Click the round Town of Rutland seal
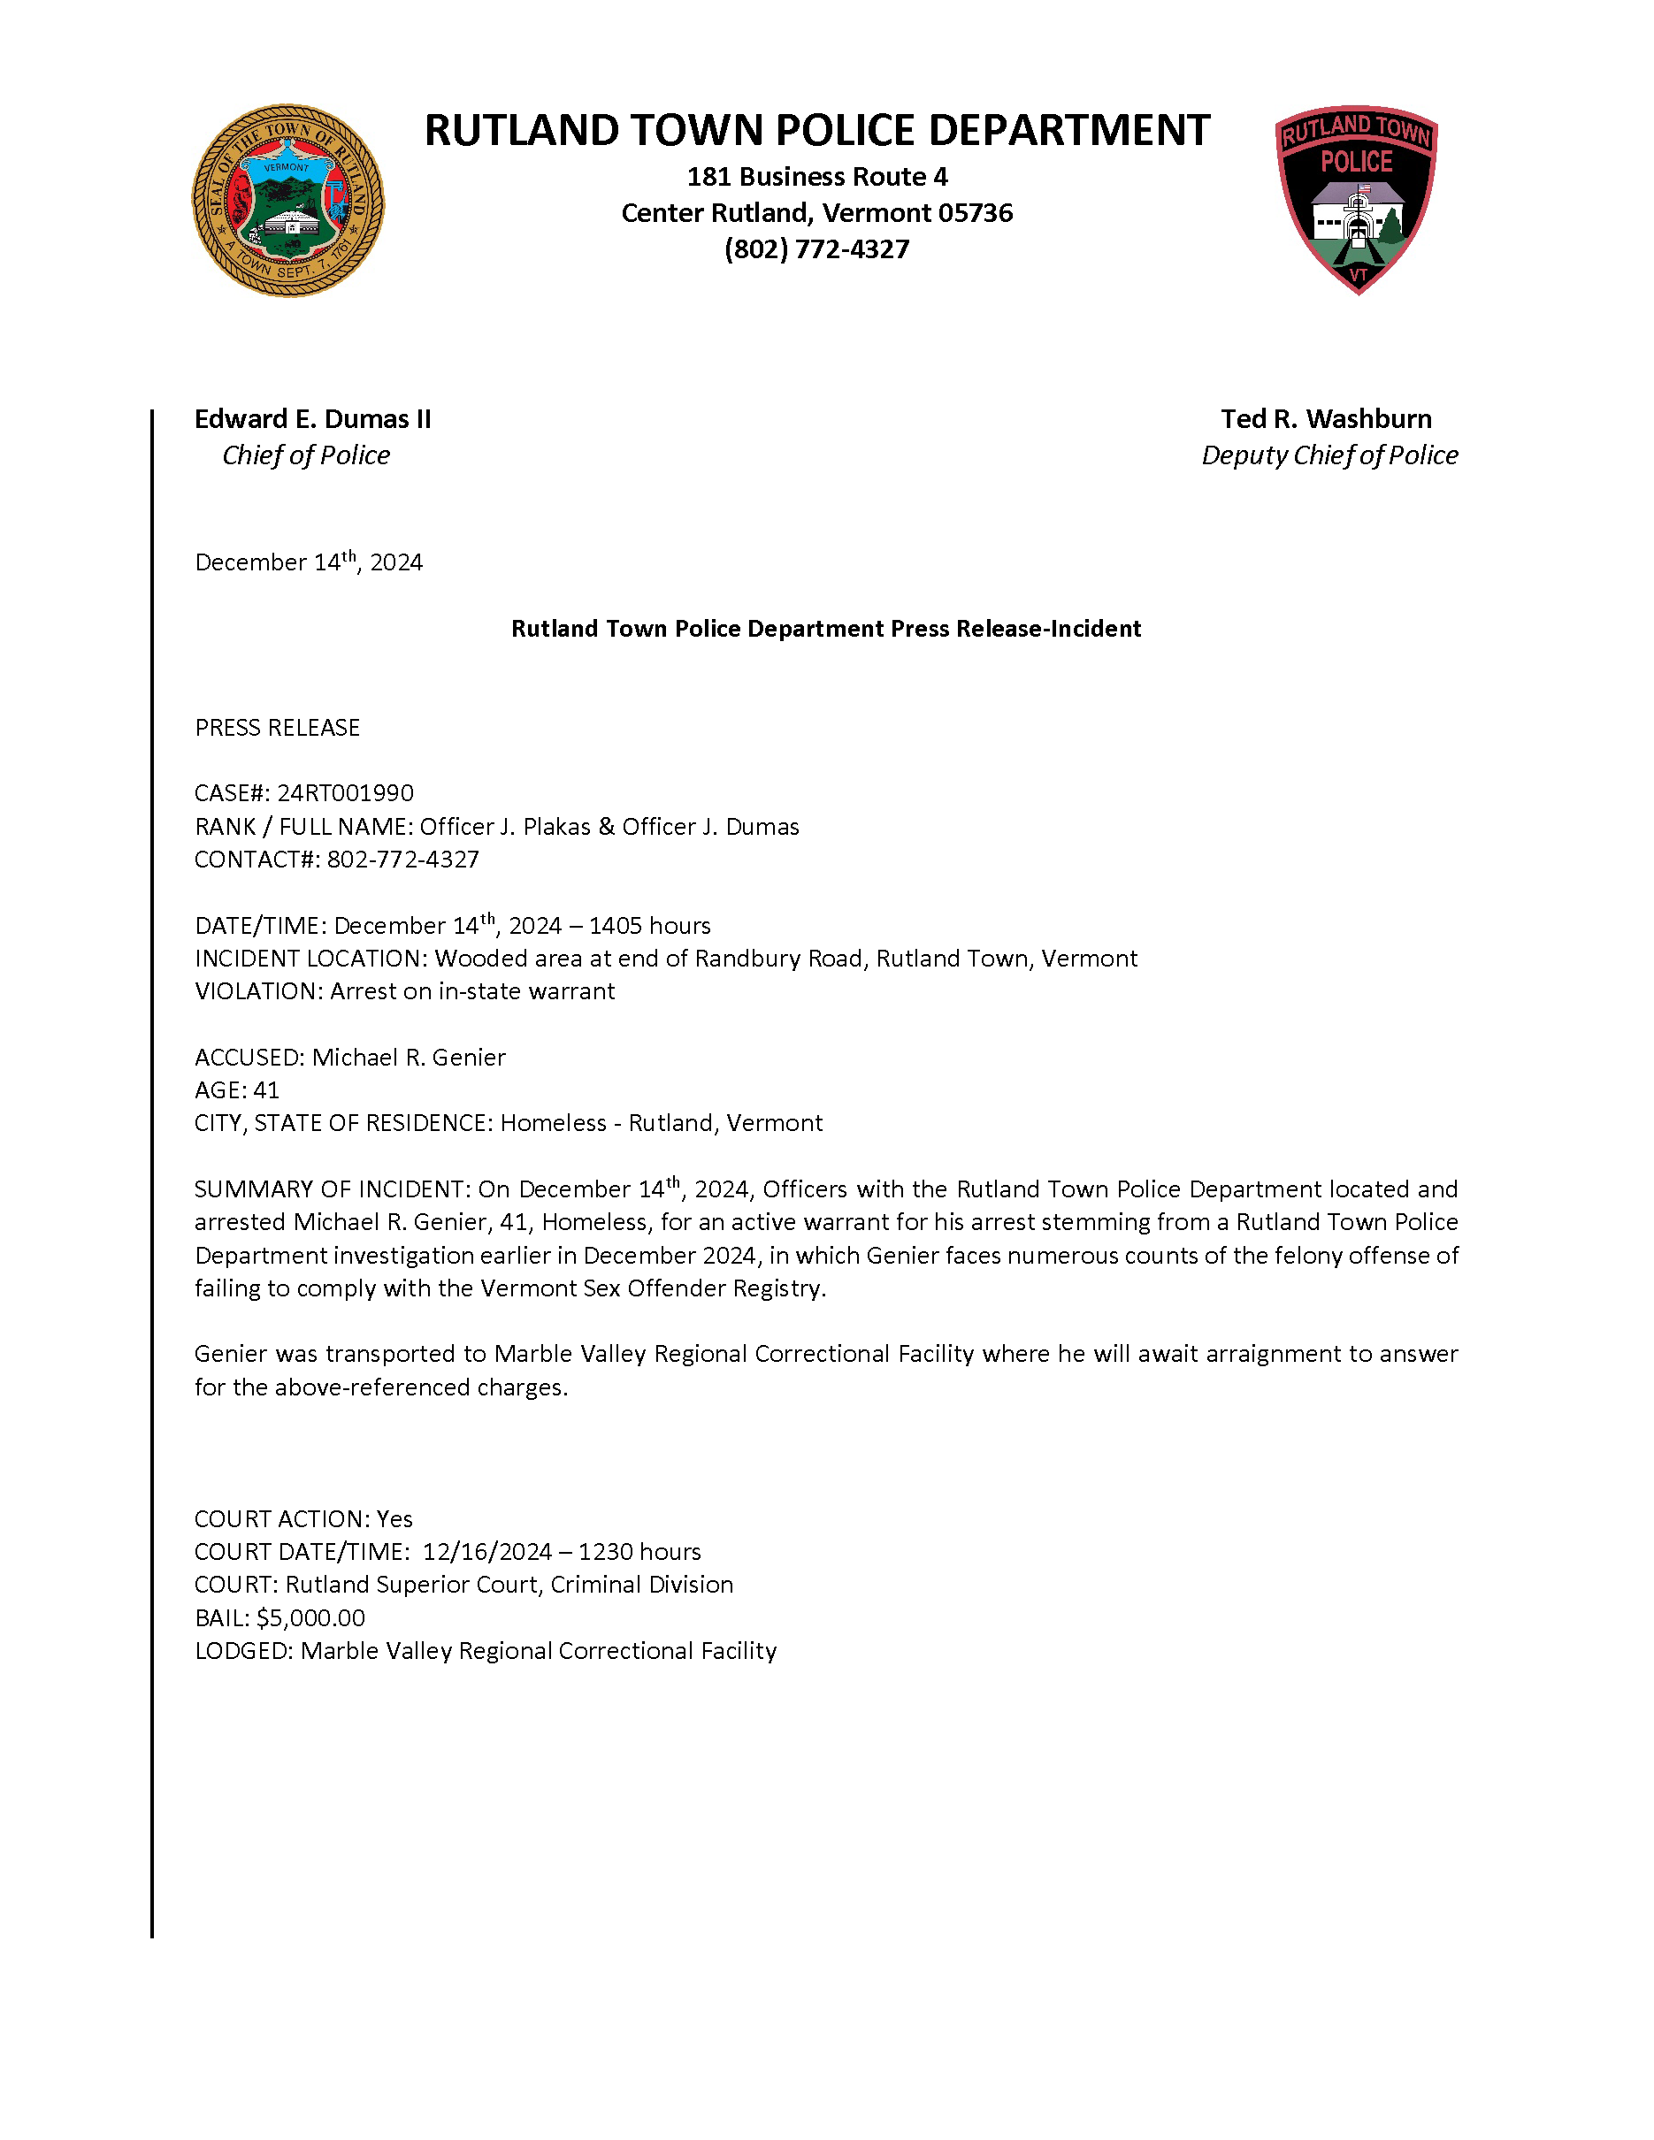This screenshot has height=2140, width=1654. tap(287, 201)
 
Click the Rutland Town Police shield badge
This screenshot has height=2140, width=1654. tap(1356, 199)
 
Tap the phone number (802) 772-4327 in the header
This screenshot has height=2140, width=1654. tap(816, 248)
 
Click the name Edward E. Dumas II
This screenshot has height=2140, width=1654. tap(312, 419)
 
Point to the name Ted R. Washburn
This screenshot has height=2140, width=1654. tap(1326, 419)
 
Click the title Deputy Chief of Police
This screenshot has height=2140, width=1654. tap(1329, 455)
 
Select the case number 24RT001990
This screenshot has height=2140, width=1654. tap(345, 792)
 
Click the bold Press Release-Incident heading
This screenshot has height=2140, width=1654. tap(825, 629)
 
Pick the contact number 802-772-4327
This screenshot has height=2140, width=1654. tap(402, 860)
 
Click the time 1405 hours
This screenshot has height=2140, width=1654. tap(649, 926)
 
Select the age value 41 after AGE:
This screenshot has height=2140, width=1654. tap(265, 1090)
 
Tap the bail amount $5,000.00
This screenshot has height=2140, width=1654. tap(310, 1617)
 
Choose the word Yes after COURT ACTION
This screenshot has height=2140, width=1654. tap(394, 1518)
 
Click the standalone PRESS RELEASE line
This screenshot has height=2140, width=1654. tap(278, 728)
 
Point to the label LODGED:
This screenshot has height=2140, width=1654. tap(243, 1651)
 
